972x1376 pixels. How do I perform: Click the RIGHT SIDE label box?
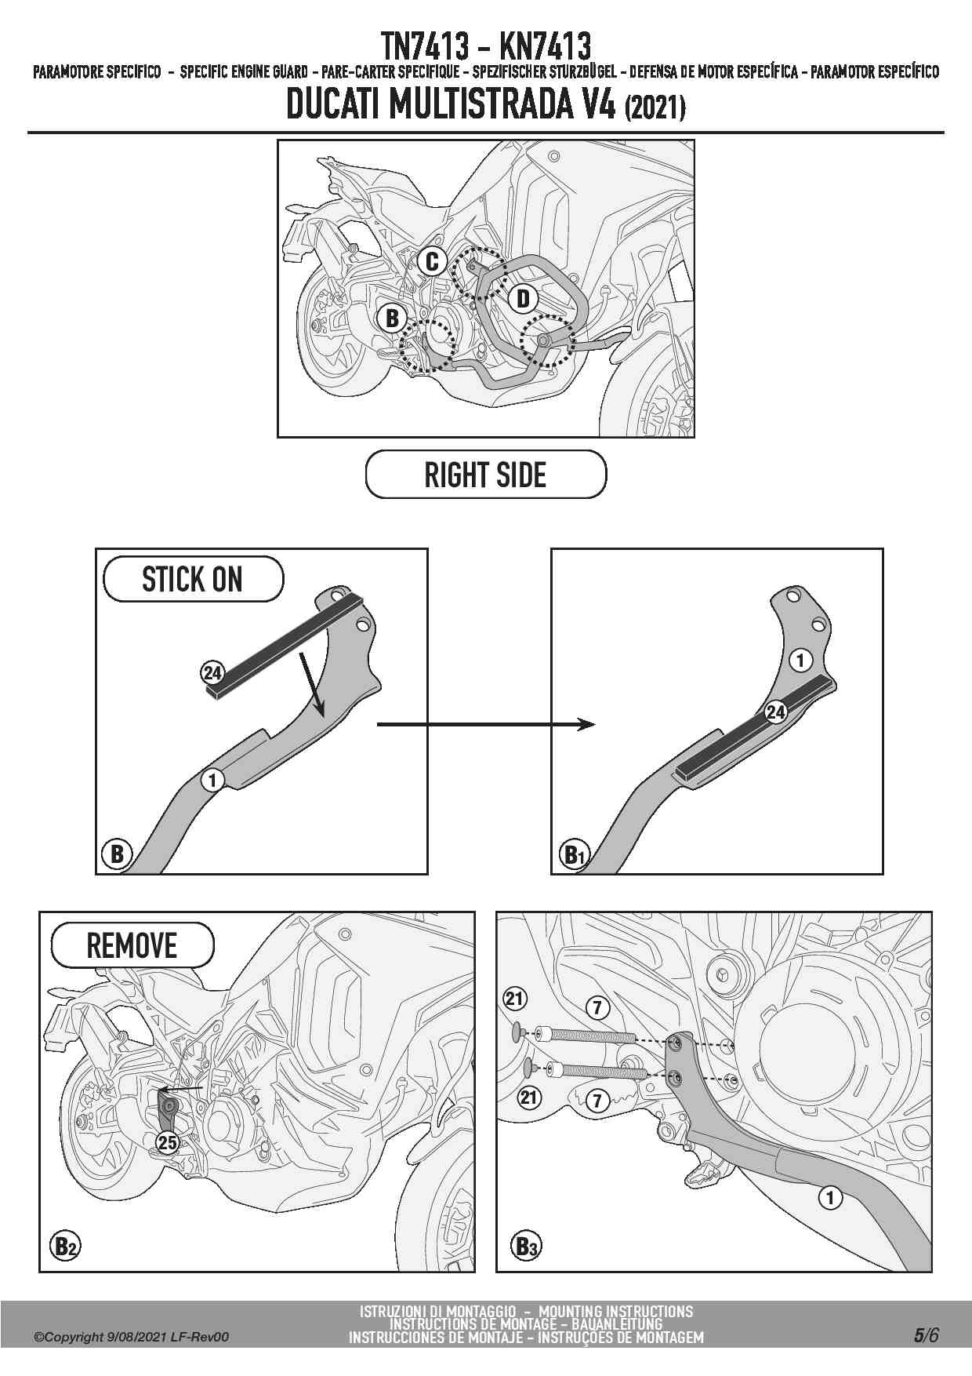pos(485,475)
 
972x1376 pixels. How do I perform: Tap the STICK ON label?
pos(193,580)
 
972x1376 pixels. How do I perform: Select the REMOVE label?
pos(132,945)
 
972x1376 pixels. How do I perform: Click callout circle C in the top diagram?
pos(432,261)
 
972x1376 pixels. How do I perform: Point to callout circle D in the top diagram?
pos(523,298)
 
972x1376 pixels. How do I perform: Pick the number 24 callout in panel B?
pos(212,672)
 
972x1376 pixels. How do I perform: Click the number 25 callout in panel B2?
pos(168,1142)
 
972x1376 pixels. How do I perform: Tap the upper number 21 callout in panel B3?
pos(514,999)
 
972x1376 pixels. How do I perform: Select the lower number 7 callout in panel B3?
pos(597,1100)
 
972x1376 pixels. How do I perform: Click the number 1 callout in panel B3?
pos(829,1198)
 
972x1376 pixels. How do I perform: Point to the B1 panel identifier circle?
pos(575,854)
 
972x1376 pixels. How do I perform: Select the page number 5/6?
pos(926,1334)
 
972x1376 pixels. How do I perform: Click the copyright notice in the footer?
pos(131,1337)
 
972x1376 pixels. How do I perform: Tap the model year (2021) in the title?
pos(655,107)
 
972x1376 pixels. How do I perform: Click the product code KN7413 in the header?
pos(545,46)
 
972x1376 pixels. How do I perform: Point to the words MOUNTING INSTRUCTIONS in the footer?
pos(615,1311)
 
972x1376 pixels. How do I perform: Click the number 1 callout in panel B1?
pos(800,661)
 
